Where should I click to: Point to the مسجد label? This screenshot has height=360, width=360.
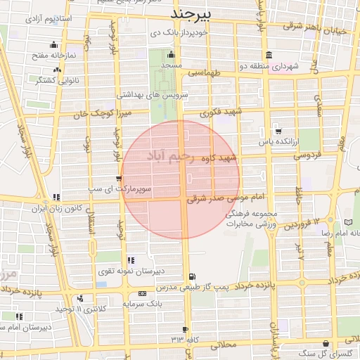pos(171,65)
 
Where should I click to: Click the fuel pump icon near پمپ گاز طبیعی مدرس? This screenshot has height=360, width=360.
pos(192,276)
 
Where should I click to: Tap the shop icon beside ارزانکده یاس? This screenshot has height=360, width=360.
pos(278,131)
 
